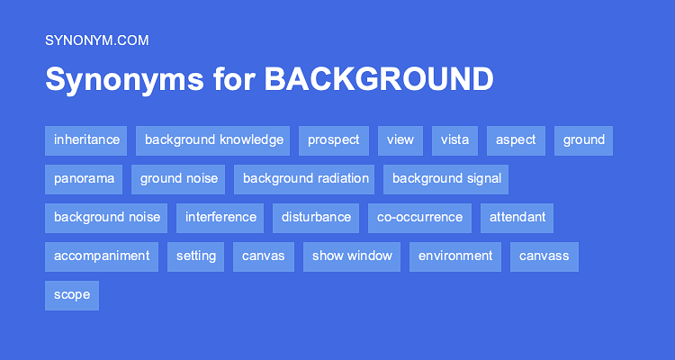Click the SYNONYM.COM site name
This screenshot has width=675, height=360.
(96, 40)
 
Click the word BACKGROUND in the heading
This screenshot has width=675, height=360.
(378, 79)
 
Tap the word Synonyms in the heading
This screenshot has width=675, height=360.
(124, 79)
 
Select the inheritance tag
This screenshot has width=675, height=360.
(86, 140)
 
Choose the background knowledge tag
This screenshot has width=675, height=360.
(213, 140)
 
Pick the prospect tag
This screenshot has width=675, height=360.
(333, 140)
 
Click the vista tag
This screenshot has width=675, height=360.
(454, 140)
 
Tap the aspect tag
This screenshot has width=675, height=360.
(516, 140)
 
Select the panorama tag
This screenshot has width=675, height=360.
(84, 179)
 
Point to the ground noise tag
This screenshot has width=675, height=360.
(179, 179)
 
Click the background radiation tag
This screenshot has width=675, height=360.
(305, 179)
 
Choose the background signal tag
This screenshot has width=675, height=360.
(445, 179)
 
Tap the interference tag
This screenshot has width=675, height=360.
(220, 218)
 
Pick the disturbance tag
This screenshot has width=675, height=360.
(316, 218)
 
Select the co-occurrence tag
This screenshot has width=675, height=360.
(419, 218)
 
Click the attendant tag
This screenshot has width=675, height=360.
(517, 218)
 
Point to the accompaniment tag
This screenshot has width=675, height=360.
(102, 256)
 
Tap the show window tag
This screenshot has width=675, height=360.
(352, 256)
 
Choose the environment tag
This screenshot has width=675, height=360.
(455, 256)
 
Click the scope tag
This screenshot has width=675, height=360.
(72, 295)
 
